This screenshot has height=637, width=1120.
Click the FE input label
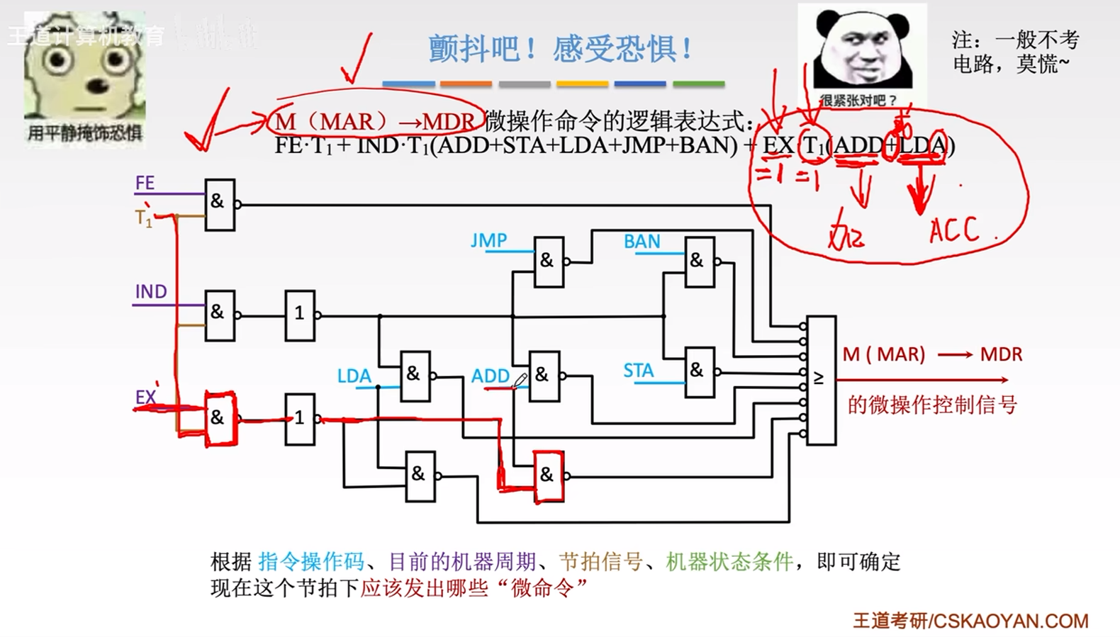[145, 183]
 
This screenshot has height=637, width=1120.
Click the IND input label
[150, 292]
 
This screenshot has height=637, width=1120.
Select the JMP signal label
[488, 241]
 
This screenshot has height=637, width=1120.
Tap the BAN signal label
[642, 242]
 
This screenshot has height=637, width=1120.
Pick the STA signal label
[638, 371]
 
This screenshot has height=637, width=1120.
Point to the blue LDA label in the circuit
[354, 376]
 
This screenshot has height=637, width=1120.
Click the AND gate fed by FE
[219, 204]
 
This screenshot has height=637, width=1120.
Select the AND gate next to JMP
[549, 261]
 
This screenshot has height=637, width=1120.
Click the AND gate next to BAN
[699, 261]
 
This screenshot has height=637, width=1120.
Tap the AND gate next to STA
[699, 371]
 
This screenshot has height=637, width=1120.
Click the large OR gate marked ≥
[821, 380]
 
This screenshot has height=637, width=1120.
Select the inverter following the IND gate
[300, 315]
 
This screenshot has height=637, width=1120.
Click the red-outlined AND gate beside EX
[220, 418]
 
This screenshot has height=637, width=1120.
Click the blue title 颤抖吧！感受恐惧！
[560, 49]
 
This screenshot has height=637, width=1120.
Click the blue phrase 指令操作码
[311, 562]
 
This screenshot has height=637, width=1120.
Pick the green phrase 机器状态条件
[729, 562]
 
